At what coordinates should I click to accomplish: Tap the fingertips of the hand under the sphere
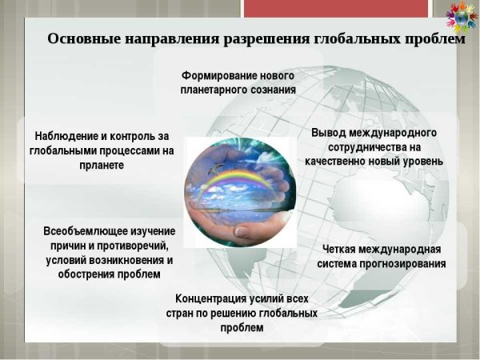pos(242,230)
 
